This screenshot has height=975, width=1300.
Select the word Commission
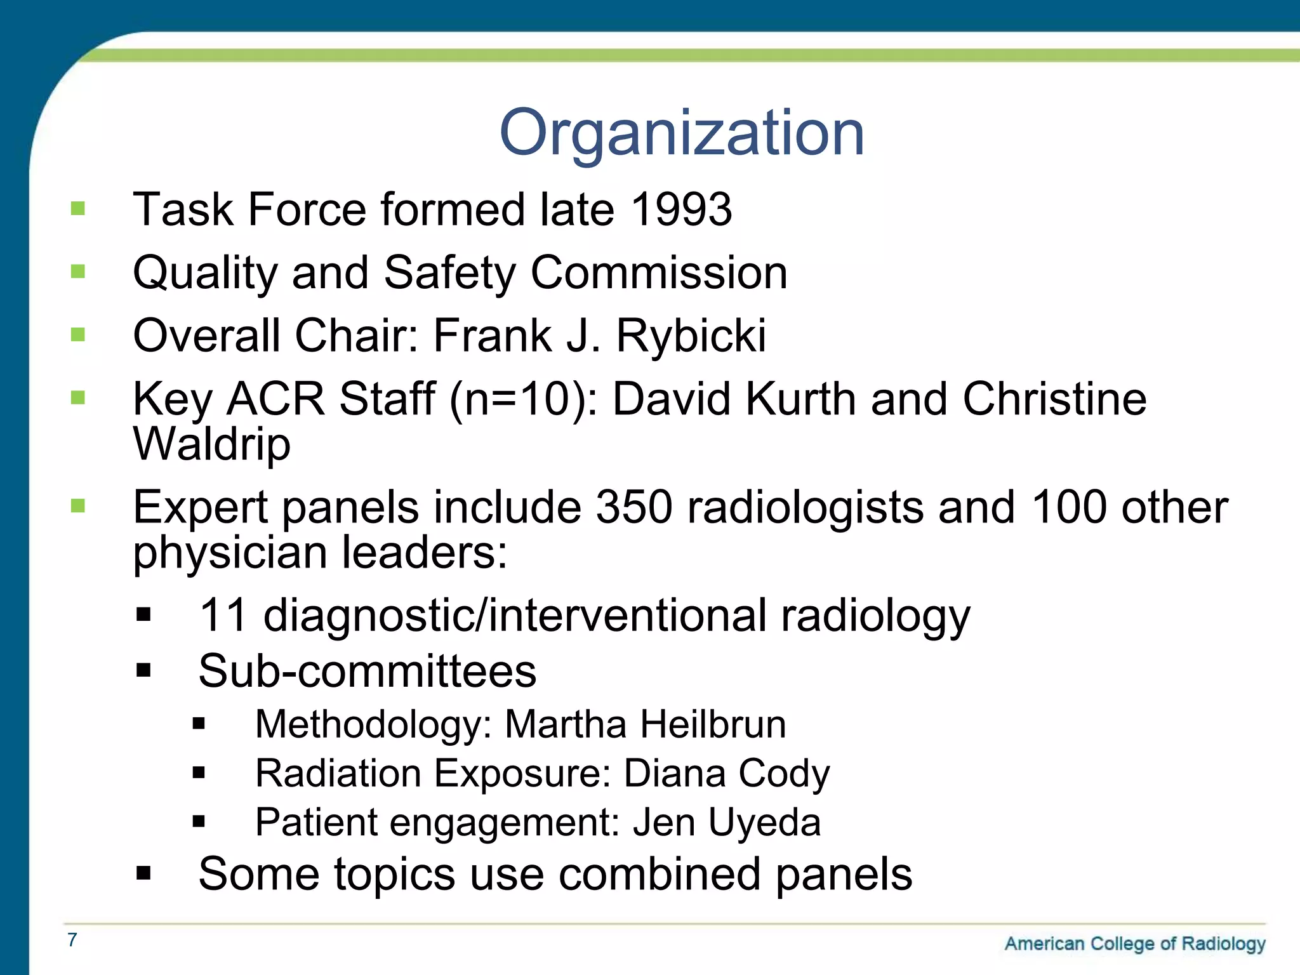pyautogui.click(x=659, y=273)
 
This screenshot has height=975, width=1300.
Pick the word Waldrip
pyautogui.click(x=212, y=444)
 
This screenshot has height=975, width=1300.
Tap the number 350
pyautogui.click(x=633, y=507)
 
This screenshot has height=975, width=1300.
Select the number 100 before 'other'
pyautogui.click(x=1069, y=507)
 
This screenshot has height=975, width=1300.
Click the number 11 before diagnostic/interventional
pyautogui.click(x=223, y=615)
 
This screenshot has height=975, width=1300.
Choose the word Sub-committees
pyautogui.click(x=367, y=671)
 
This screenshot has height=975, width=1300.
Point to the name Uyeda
pyautogui.click(x=764, y=822)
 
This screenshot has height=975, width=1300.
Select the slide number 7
pyautogui.click(x=72, y=939)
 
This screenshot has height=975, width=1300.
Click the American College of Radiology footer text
pyautogui.click(x=1134, y=944)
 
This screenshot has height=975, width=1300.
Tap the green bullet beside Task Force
pyautogui.click(x=78, y=209)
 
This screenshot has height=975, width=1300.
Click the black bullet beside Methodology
pyautogui.click(x=199, y=724)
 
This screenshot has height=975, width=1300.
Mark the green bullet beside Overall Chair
pyautogui.click(x=78, y=335)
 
